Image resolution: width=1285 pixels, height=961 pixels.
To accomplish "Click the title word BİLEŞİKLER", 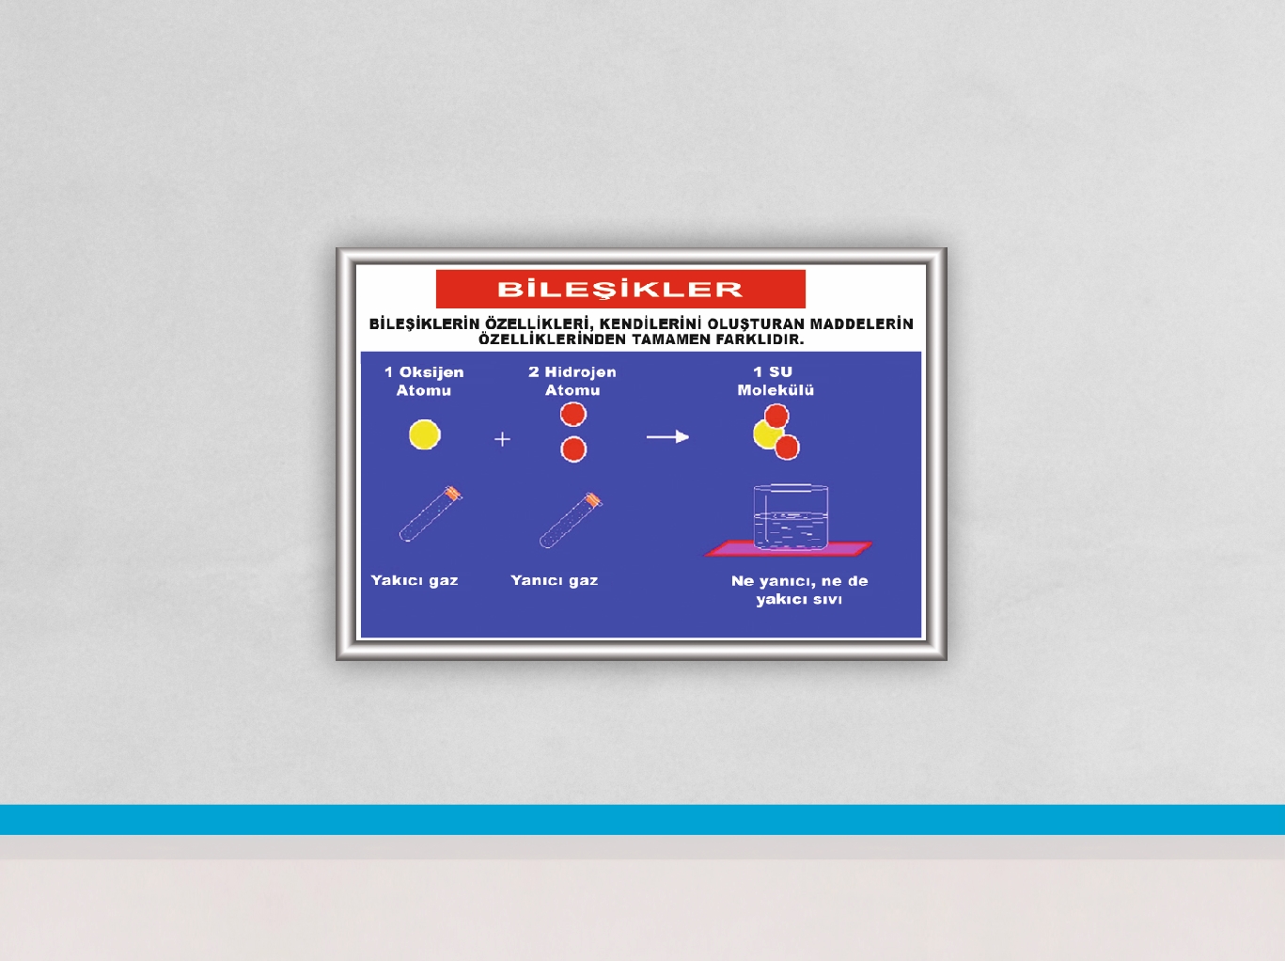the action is (620, 289).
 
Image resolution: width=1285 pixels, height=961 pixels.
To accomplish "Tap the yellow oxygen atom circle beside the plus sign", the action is (425, 434).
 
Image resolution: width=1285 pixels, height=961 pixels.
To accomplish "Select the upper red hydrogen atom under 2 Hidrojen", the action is (573, 414).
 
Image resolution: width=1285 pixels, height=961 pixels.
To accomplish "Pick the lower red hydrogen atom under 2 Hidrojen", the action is (573, 449).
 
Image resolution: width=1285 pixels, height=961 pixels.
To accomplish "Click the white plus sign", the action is (502, 438).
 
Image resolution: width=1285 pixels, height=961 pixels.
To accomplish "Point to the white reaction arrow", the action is (667, 437).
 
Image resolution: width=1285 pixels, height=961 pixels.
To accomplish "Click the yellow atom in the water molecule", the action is (766, 434).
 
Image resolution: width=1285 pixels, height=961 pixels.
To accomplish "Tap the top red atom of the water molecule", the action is (776, 416).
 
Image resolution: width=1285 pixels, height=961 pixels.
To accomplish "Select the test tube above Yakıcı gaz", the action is (431, 513).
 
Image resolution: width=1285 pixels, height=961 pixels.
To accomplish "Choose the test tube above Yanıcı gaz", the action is (571, 520).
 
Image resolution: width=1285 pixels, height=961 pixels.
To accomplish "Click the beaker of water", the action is (791, 517).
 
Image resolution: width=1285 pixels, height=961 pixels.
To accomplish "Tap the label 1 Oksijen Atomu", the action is (424, 381).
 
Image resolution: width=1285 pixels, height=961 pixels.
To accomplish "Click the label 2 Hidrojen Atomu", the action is (572, 381).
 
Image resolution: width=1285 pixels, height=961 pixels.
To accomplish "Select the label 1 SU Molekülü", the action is (776, 381).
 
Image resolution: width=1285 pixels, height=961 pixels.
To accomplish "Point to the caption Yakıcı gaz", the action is (415, 581).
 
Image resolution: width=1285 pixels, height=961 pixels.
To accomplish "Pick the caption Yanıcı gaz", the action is (555, 581).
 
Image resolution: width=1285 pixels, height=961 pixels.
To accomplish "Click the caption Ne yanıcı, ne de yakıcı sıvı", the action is (799, 591).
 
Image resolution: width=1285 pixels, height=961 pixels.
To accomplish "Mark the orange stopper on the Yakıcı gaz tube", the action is (452, 494).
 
